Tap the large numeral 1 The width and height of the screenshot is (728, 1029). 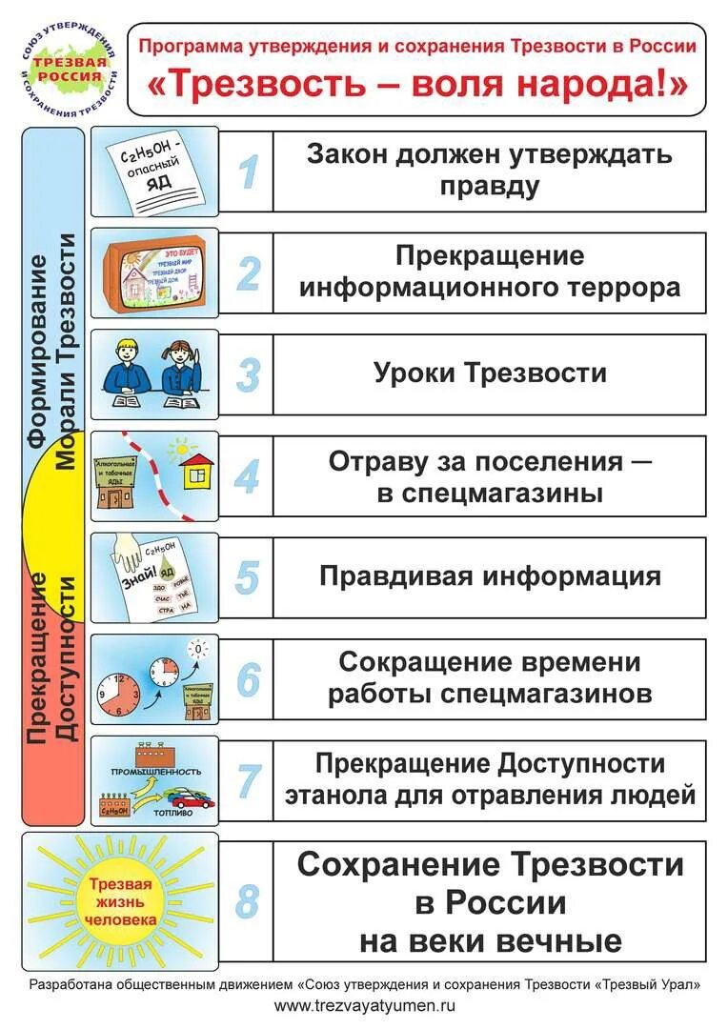pos(247,171)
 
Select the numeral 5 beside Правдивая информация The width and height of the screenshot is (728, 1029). pos(247,577)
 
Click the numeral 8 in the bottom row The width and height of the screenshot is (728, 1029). pos(247,900)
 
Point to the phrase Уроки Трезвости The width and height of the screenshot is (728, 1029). pos(490,373)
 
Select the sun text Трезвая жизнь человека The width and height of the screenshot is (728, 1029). pos(121,901)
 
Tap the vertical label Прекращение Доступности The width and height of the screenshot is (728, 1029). pos(52,657)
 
